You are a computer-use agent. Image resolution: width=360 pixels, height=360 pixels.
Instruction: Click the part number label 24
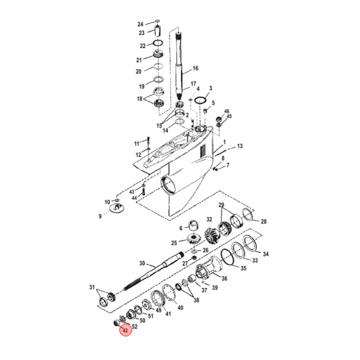point(140,24)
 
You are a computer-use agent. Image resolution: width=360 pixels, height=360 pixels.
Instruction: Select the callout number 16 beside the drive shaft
point(195,68)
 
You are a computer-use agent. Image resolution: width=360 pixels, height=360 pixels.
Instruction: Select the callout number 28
point(263,221)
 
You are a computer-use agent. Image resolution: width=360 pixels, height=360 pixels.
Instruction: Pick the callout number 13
point(240,146)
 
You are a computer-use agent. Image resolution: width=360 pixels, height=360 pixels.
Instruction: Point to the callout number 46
point(226,111)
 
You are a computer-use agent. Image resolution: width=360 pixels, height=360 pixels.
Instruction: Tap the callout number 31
point(91,287)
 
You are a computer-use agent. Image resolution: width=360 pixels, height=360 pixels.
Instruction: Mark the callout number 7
point(228,165)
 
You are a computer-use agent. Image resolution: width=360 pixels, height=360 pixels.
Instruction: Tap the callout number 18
point(139,98)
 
